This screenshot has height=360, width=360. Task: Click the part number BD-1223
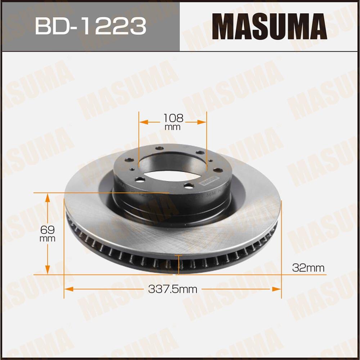click(x=90, y=26)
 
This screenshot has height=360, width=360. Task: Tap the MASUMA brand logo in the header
click(x=269, y=26)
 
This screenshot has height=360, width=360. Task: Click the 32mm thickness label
click(x=308, y=268)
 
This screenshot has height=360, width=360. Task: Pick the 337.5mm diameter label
click(x=173, y=289)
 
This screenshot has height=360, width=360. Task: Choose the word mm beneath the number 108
click(x=173, y=127)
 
